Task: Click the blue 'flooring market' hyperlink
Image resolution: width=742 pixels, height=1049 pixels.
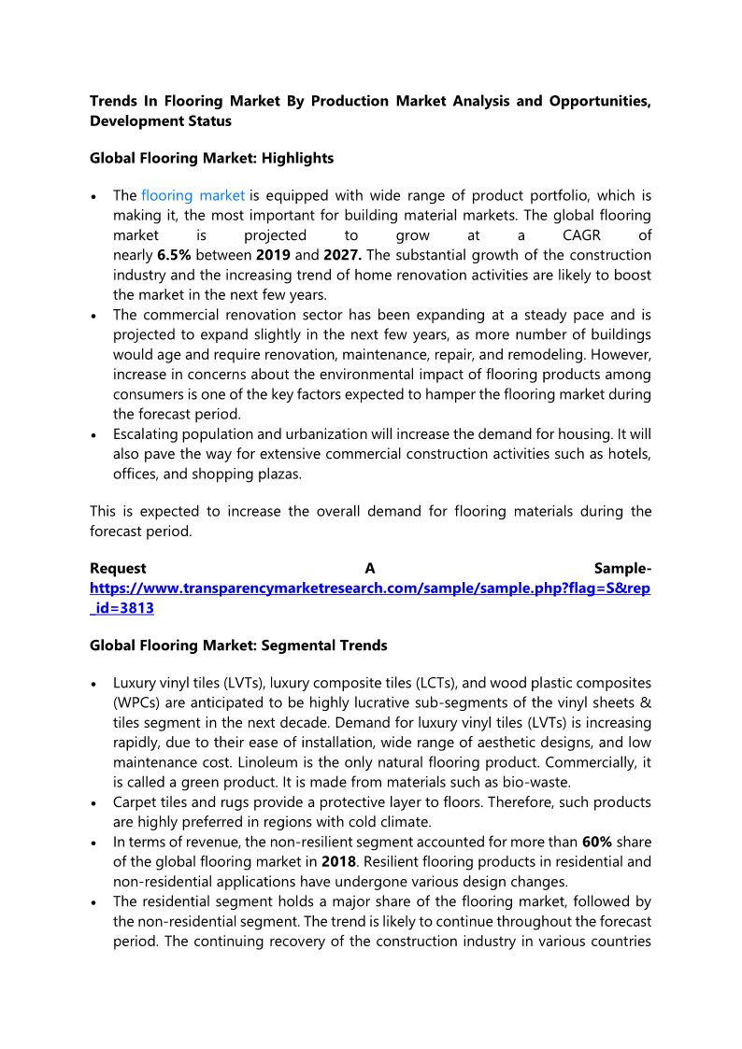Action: [193, 195]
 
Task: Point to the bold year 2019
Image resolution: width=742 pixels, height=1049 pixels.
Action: [273, 255]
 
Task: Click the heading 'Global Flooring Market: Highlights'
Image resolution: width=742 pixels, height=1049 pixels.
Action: [211, 158]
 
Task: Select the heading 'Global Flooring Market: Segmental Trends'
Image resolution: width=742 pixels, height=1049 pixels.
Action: [238, 645]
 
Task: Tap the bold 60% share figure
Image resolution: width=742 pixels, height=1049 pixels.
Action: [597, 842]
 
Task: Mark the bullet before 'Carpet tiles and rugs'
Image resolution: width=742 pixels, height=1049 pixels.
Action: [96, 803]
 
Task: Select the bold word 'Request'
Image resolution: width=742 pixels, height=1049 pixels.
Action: [118, 569]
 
